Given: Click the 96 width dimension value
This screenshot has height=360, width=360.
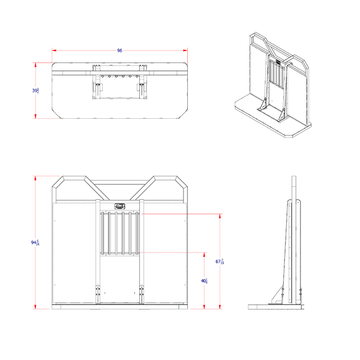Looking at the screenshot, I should (x=119, y=51).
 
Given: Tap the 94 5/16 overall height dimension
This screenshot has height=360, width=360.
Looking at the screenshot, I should (x=35, y=242).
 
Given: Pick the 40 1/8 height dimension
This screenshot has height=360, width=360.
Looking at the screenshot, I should (x=204, y=281).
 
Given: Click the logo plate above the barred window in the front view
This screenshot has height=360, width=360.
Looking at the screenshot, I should (x=120, y=205).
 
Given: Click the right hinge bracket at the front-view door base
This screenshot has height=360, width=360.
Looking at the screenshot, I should (x=142, y=293).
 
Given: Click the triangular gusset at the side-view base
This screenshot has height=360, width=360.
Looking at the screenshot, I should (x=277, y=295).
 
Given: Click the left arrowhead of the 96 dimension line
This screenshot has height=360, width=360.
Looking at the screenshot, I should (x=54, y=51).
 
